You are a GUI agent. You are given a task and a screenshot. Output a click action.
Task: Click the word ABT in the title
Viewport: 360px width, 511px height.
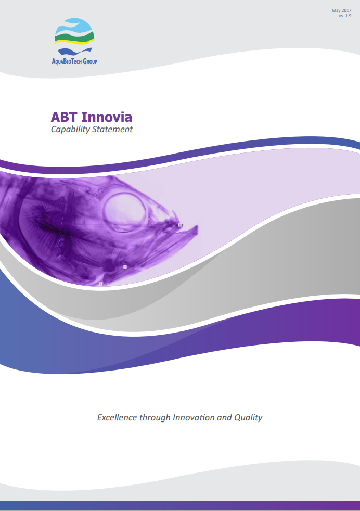pyautogui.click(x=64, y=117)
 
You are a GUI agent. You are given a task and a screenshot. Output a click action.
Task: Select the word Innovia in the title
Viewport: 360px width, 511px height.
pyautogui.click(x=107, y=117)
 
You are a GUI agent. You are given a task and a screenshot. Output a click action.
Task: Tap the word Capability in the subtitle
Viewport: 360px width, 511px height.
pyautogui.click(x=70, y=130)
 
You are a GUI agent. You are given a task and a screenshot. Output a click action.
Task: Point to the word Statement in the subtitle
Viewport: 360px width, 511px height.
pyautogui.click(x=112, y=130)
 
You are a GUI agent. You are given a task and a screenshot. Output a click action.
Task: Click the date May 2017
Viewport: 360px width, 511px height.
pyautogui.click(x=341, y=10)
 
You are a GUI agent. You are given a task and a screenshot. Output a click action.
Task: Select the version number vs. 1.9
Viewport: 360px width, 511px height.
pyautogui.click(x=345, y=16)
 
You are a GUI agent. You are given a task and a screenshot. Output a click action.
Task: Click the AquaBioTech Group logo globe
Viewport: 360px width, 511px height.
pyautogui.click(x=74, y=36)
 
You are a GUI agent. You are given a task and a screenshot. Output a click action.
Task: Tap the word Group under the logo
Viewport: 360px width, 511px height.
pyautogui.click(x=90, y=61)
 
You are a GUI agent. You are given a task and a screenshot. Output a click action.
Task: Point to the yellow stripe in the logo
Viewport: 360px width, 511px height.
pyautogui.click(x=74, y=42)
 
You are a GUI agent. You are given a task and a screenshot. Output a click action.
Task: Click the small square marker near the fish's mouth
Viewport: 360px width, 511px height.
pyautogui.click(x=179, y=225)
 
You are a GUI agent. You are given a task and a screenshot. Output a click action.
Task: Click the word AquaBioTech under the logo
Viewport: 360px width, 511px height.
pyautogui.click(x=67, y=61)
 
